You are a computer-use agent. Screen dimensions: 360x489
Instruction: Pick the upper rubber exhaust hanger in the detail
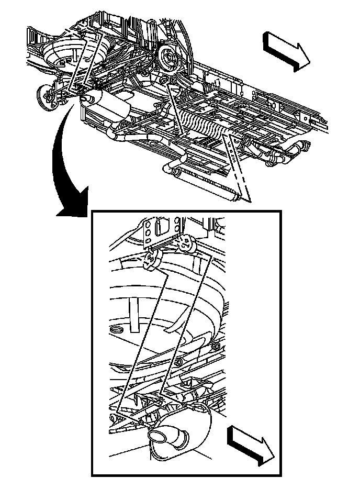coord(186,242)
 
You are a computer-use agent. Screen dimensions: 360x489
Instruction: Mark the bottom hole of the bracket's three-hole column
coord(148,241)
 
